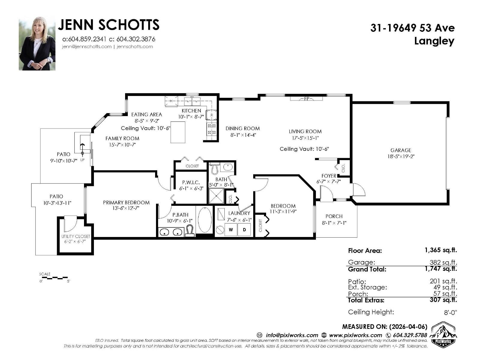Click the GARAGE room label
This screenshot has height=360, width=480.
[400, 150]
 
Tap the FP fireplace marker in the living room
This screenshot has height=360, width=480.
[307, 99]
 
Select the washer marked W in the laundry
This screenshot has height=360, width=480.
[231, 229]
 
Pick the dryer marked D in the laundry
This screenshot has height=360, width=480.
[244, 229]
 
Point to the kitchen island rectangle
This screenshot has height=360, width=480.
[178, 132]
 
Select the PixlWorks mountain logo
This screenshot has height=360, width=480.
[443, 334]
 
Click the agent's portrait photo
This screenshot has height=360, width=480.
[37, 43]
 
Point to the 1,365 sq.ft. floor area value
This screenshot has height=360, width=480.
[441, 250]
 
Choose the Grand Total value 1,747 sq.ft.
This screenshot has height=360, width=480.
[441, 268]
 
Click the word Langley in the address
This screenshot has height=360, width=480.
[434, 41]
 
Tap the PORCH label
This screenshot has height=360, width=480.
[334, 216]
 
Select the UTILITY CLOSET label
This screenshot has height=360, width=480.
[76, 236]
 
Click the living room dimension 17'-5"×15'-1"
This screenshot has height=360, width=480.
[305, 138]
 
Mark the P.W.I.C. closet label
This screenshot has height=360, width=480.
[191, 182]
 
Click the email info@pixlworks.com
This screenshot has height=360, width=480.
[292, 335]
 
